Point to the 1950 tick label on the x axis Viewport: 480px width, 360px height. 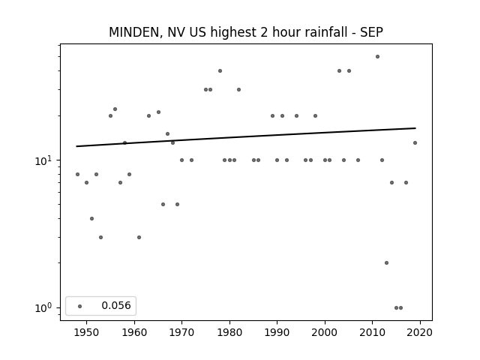pyautogui.click(x=87, y=332)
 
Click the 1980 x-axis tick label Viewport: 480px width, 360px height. pyautogui.click(x=229, y=332)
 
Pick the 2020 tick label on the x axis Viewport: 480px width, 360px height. pyautogui.click(x=420, y=332)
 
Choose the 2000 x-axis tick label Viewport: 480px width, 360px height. pyautogui.click(x=325, y=332)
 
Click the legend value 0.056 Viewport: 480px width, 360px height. pyautogui.click(x=116, y=305)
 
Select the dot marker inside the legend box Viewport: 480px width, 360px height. pyautogui.click(x=80, y=306)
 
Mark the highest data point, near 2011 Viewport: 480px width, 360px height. pyautogui.click(x=377, y=57)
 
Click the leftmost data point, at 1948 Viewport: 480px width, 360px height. pyautogui.click(x=77, y=175)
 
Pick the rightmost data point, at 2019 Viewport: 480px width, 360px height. pyautogui.click(x=415, y=143)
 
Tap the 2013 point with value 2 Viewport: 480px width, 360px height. pyautogui.click(x=387, y=263)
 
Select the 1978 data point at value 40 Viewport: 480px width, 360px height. pyautogui.click(x=220, y=71)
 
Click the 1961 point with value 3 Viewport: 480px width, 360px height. pyautogui.click(x=139, y=237)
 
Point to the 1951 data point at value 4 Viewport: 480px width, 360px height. pyautogui.click(x=91, y=218)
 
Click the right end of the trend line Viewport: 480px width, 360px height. pyautogui.click(x=415, y=128)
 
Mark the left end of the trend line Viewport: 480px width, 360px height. pyautogui.click(x=76, y=146)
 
